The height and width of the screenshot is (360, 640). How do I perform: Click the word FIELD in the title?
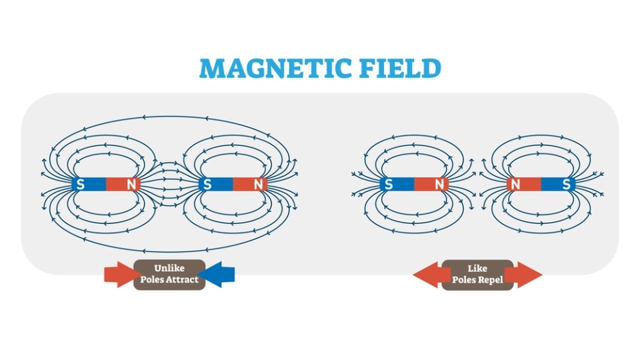click(x=400, y=68)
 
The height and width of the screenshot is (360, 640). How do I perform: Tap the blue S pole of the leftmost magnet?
click(x=89, y=185)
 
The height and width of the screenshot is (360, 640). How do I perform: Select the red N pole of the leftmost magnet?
click(x=123, y=185)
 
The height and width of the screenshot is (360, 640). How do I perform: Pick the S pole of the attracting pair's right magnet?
click(x=215, y=185)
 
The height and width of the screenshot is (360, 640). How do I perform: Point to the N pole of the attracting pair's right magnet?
click(x=250, y=185)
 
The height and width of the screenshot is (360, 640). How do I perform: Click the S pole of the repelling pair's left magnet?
click(x=397, y=185)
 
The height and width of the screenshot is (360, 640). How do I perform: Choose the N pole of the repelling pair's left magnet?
click(x=431, y=185)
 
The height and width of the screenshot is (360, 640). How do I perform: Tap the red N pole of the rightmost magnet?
click(x=524, y=185)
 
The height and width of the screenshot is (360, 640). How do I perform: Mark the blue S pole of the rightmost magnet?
click(x=559, y=185)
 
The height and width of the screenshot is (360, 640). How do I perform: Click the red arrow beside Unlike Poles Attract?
click(x=119, y=275)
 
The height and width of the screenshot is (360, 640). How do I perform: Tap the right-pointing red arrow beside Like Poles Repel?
click(x=527, y=275)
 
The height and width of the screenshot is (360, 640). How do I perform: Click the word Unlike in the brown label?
click(x=169, y=268)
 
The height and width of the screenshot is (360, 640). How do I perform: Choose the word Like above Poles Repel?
click(x=477, y=268)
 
